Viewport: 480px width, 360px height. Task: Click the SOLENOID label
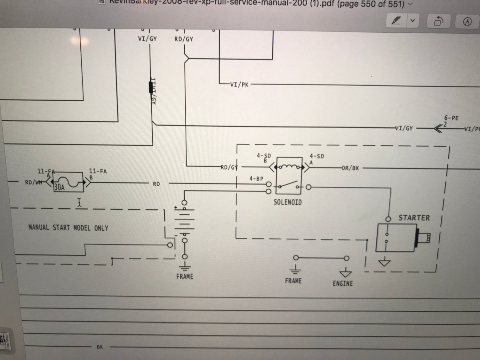[287, 202]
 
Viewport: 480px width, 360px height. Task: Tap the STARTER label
[414, 218]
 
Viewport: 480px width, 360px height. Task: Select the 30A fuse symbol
[68, 182]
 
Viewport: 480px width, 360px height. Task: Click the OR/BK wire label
[350, 168]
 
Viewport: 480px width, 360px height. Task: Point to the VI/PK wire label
[239, 85]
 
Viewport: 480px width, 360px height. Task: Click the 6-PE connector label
[451, 118]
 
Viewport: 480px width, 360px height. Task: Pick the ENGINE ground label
[343, 283]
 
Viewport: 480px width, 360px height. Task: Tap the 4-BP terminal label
[256, 178]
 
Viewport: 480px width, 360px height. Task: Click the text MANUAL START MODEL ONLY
[68, 228]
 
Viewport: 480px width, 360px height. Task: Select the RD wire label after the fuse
[156, 184]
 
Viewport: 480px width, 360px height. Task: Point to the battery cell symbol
[184, 221]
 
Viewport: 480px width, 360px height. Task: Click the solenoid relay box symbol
[289, 176]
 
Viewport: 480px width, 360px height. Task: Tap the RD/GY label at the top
[184, 39]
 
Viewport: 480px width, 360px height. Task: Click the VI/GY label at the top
[147, 39]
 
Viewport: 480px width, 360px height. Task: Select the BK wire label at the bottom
[100, 347]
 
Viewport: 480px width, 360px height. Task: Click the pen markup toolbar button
[396, 21]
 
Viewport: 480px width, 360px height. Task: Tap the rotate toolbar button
[438, 21]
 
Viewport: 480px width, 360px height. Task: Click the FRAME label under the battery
[185, 276]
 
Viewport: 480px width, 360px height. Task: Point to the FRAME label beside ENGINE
[293, 281]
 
